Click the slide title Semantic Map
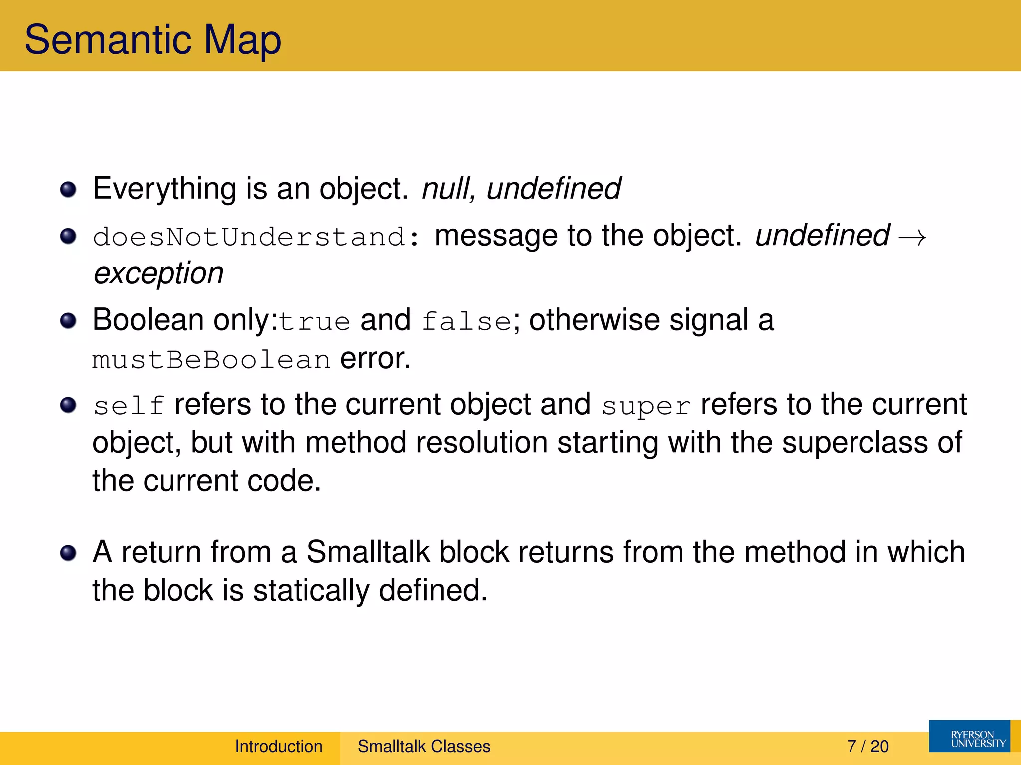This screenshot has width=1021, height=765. pos(153,40)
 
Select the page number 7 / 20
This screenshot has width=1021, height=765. pos(867,746)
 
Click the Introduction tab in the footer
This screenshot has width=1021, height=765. pos(279,746)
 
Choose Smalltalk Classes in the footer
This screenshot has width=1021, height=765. pos(424,746)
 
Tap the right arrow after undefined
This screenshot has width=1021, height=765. pos(912,237)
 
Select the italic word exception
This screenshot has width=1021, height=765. pos(159,273)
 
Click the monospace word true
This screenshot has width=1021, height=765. pos(315,321)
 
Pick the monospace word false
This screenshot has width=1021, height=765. pos(466,321)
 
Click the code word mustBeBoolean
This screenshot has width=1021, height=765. pos(211,360)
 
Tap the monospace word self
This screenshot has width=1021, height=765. pos(129,406)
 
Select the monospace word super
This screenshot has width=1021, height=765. pos(646,406)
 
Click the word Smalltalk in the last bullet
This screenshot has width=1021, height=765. pos(368,552)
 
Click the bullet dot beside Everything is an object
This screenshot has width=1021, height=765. pos(68,190)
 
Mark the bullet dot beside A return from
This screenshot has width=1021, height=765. pos(68,553)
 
